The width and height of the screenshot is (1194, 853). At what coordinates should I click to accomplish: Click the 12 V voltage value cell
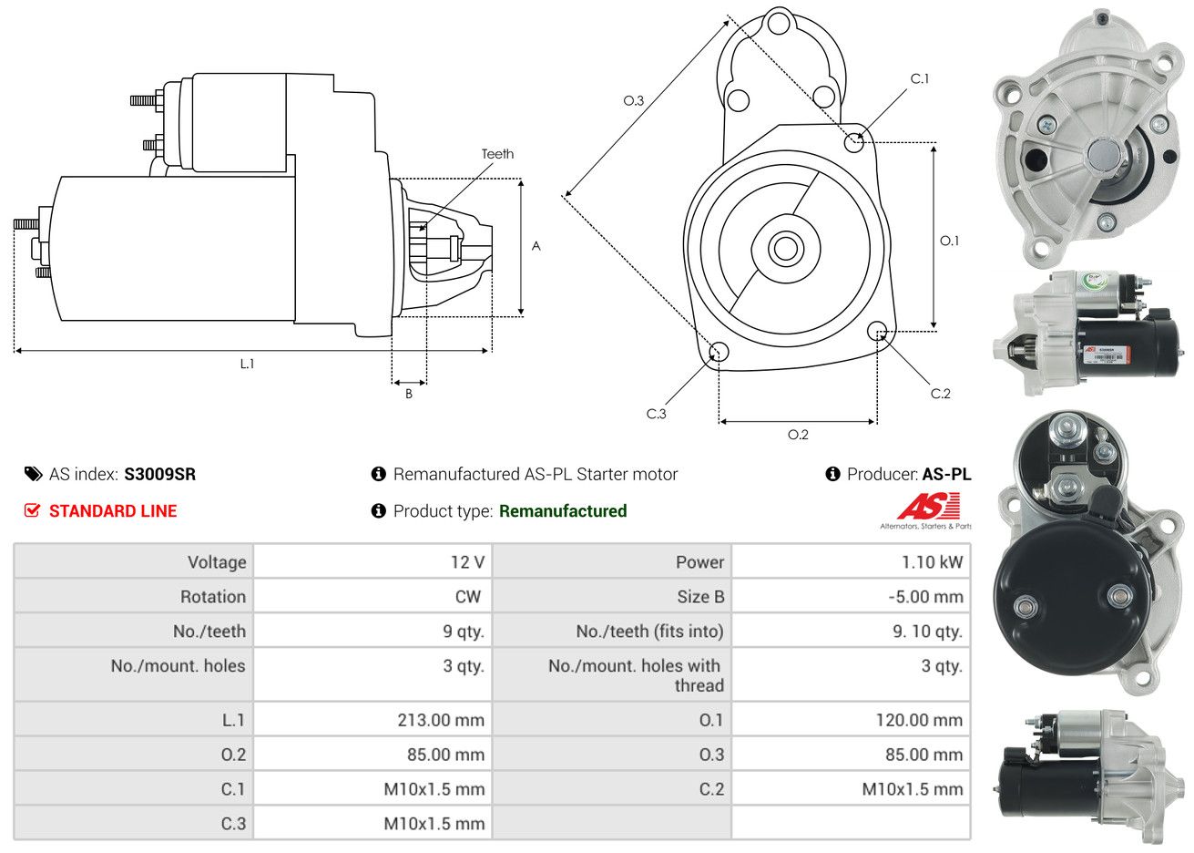pos(467,562)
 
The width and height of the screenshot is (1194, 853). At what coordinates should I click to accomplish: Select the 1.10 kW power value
pos(932,562)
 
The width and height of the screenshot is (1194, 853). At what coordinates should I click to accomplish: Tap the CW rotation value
pos(467,597)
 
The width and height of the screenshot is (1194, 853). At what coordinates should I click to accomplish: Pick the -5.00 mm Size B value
pos(924,597)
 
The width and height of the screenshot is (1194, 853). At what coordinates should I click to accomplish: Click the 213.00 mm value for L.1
pos(441,720)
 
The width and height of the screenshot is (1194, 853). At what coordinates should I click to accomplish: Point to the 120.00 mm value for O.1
pos(919,720)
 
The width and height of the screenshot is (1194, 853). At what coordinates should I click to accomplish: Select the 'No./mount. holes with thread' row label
pos(636,675)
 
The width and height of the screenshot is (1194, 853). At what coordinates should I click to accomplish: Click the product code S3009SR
pos(160,474)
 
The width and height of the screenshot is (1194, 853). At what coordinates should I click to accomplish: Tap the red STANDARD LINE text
pos(113,511)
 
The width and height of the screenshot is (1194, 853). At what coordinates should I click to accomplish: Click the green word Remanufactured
pos(563,511)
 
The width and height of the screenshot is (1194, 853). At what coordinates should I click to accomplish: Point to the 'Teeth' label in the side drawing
pos(497,154)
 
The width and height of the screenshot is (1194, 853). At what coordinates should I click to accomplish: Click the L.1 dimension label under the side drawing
pos(247,364)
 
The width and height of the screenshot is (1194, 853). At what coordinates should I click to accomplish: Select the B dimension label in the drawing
pos(409,394)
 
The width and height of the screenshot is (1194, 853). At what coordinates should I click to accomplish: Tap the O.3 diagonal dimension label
pos(633,100)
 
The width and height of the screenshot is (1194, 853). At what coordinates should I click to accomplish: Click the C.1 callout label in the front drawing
pos(920,78)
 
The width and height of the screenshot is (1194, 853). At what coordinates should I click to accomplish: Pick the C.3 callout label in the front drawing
pos(656,414)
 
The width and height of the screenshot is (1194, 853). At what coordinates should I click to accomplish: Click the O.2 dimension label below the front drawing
pos(798,435)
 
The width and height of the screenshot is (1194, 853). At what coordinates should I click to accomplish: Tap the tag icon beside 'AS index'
pos(33,474)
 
